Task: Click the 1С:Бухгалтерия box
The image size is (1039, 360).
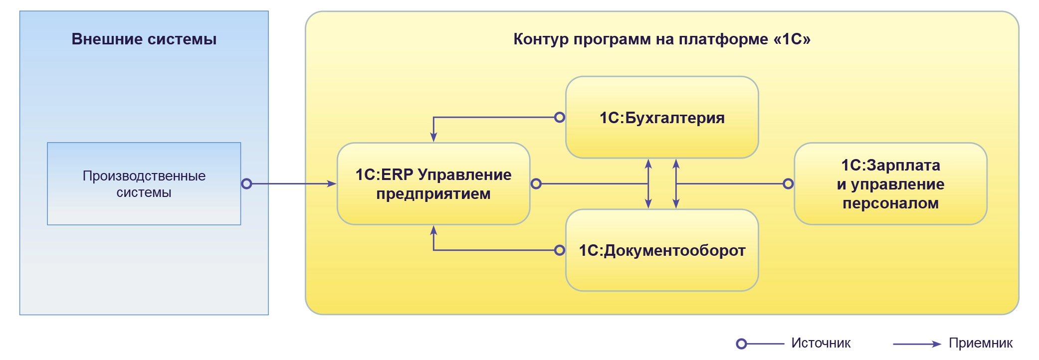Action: [x=661, y=118]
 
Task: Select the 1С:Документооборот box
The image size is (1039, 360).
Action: [x=661, y=250]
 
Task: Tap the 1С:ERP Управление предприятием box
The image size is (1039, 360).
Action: [x=433, y=184]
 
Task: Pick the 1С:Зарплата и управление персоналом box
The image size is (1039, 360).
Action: [x=890, y=184]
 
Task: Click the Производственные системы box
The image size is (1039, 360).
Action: [x=144, y=184]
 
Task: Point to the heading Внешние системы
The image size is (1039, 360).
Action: [x=144, y=39]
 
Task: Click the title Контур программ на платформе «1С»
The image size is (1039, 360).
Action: [x=661, y=39]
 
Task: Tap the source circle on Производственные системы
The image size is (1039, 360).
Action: [x=246, y=184]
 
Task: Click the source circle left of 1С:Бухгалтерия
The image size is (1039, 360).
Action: [x=560, y=118]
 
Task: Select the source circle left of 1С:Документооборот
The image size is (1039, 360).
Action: [x=560, y=250]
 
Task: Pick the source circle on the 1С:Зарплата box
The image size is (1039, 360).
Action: [x=788, y=184]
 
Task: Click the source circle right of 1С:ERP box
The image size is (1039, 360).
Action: [x=536, y=184]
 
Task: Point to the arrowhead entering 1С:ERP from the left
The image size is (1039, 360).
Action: [x=332, y=184]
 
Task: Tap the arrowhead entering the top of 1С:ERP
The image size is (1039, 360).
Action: [x=433, y=137]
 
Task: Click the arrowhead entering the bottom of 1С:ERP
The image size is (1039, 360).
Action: [x=433, y=230]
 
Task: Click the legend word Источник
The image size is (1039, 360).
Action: [x=821, y=343]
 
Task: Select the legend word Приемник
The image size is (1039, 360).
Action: [x=980, y=343]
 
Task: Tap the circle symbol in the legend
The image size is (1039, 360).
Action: [x=742, y=344]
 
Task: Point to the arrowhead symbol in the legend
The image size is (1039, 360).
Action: [x=936, y=344]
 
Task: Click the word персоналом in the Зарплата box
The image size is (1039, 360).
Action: [x=890, y=203]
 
